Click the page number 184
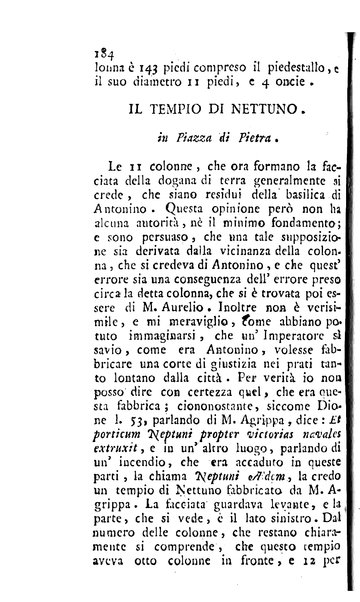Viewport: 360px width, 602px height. pos(43,40)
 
